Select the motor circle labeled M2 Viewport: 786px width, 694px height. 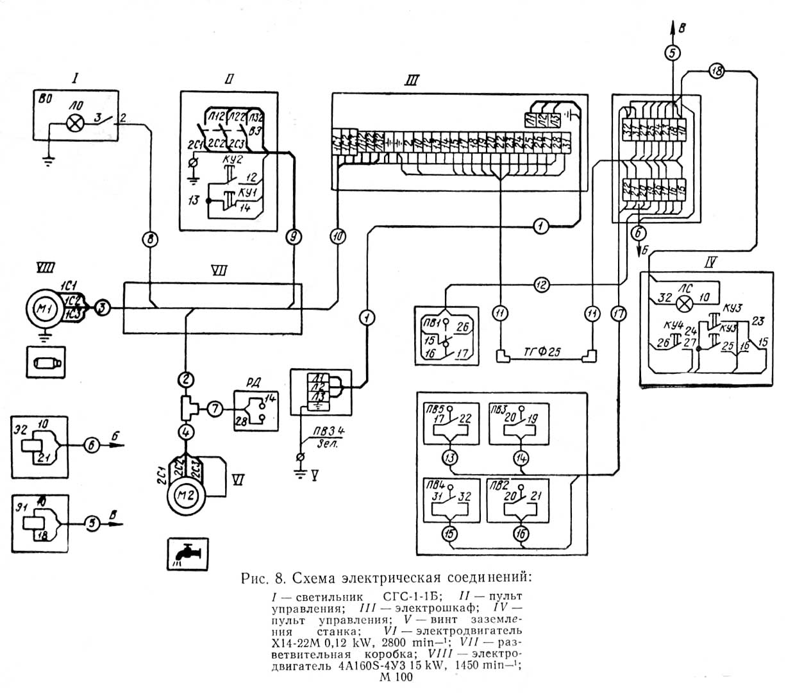185,493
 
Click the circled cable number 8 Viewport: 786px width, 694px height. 149,240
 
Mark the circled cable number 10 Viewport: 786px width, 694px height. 338,237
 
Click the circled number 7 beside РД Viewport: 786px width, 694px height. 215,408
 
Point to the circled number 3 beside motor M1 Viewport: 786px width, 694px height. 102,309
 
